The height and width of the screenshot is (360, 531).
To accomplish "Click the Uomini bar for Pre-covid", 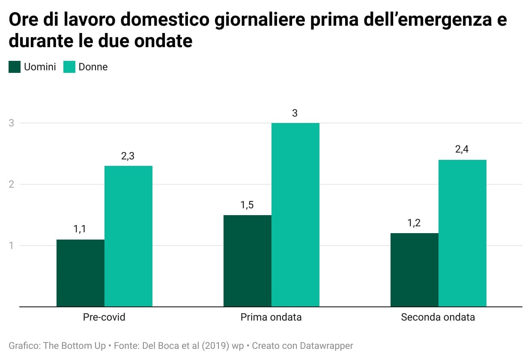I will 81,273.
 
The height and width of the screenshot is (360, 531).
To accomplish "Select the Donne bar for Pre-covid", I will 128,236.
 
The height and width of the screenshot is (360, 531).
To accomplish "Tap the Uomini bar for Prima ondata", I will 248,261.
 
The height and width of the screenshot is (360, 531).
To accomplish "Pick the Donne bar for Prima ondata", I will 295,215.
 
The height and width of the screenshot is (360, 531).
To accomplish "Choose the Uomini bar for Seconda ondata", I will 415,270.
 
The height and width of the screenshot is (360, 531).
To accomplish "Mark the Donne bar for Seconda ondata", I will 462,233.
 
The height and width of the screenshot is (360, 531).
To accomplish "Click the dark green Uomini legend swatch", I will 15,67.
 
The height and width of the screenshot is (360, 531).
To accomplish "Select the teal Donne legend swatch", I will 69,67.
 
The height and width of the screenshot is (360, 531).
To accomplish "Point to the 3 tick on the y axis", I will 12,123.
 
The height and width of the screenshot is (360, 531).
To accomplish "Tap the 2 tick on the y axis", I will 12,184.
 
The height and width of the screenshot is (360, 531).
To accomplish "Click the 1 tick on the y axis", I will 12,246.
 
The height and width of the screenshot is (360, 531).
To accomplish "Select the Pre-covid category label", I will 104,318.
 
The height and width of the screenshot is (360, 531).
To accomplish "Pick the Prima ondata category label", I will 271,318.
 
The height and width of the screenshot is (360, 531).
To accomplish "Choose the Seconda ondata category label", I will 438,318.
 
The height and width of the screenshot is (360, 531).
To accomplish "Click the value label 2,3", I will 128,156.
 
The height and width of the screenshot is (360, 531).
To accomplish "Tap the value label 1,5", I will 247,205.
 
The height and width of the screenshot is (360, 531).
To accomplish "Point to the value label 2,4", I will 462,150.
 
